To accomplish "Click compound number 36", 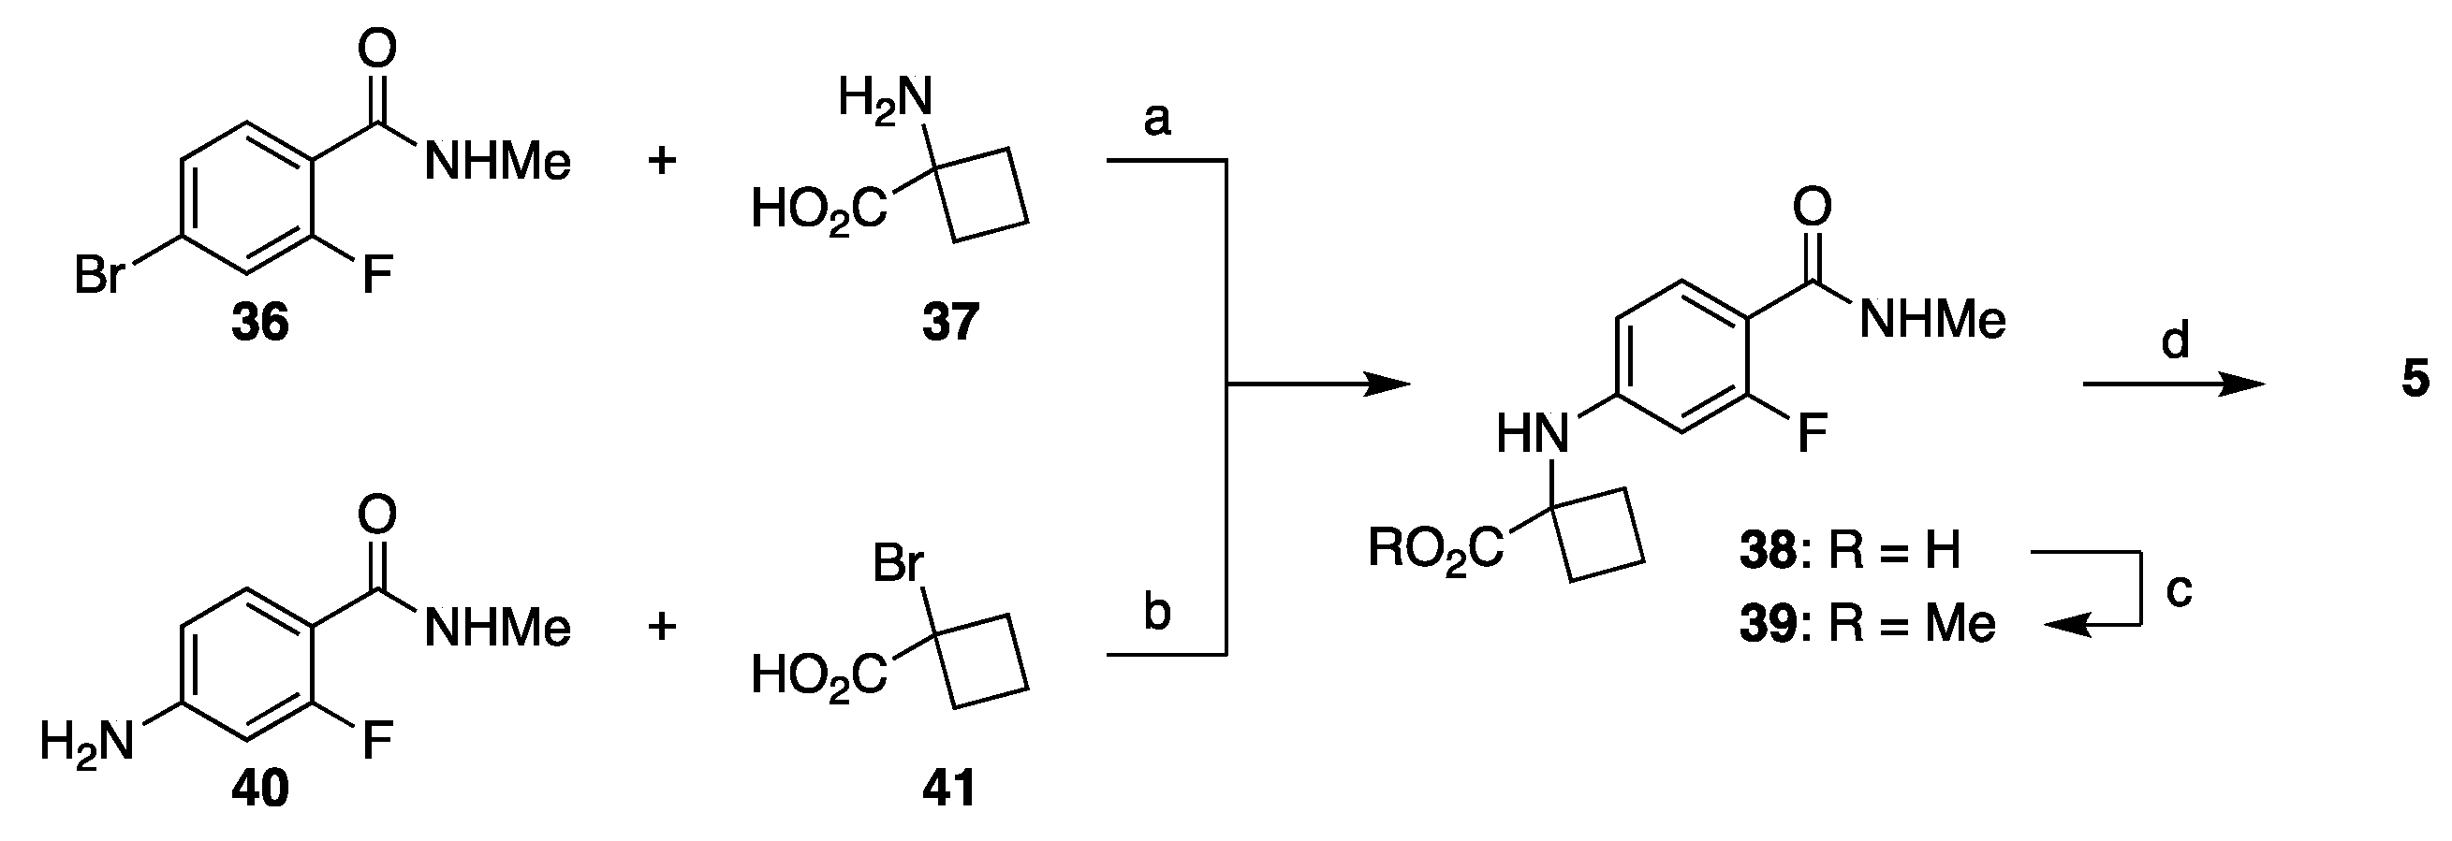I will (260, 323).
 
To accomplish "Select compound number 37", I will (950, 323).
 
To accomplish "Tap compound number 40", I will (260, 789).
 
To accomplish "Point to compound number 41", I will (950, 789).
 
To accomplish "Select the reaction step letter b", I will (1156, 614).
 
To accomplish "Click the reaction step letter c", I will (2179, 591).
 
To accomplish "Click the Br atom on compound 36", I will (100, 277).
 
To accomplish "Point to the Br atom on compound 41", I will (898, 564).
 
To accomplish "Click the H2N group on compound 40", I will (87, 741).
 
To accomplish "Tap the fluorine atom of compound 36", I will (377, 277).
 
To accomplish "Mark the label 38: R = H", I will (1849, 551).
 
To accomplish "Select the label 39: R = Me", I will (1867, 625).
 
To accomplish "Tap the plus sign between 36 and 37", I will (662, 161).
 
